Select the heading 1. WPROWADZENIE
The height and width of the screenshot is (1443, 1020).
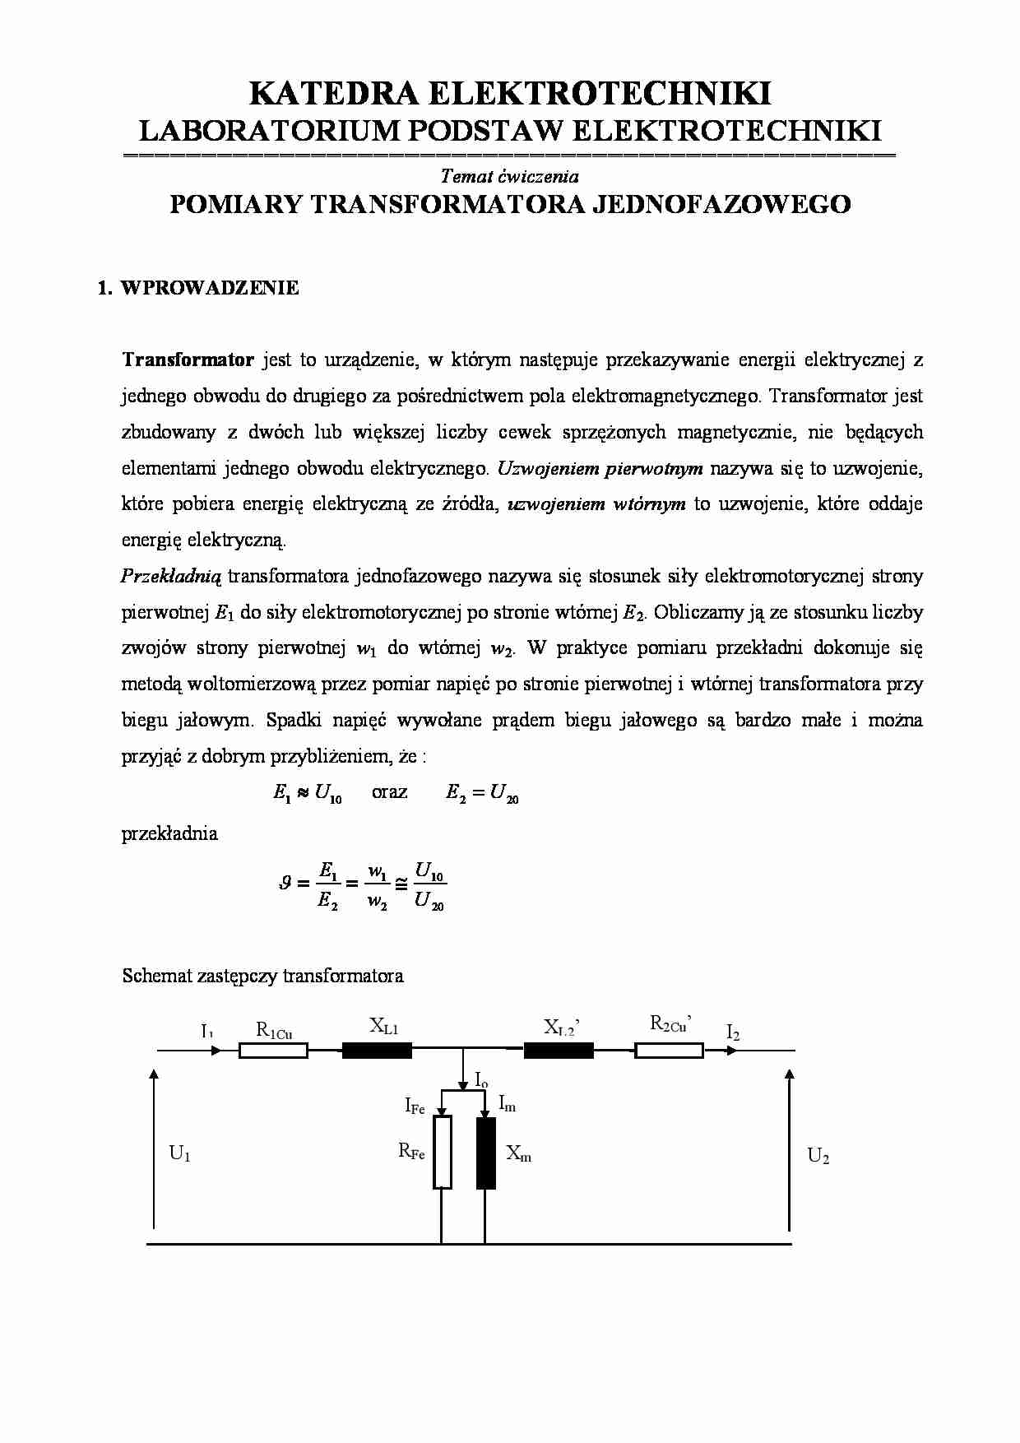pos(198,288)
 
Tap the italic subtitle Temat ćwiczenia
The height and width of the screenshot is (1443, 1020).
pos(509,176)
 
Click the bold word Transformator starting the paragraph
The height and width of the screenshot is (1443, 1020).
pos(188,360)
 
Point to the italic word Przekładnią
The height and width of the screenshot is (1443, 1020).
pos(171,576)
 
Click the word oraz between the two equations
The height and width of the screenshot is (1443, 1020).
pos(389,792)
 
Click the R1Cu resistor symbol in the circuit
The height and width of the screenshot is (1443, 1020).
pos(273,1051)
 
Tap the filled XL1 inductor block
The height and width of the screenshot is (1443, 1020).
pos(377,1051)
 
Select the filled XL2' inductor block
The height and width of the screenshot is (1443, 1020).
pos(559,1051)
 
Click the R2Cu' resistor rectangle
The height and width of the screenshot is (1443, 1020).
pos(669,1051)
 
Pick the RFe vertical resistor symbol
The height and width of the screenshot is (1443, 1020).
pos(443,1152)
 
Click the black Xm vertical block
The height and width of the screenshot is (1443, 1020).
pos(486,1152)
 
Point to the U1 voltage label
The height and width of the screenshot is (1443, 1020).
pos(180,1153)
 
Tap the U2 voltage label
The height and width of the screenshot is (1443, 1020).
pos(818,1156)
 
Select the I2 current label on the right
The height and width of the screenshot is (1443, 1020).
pos(733,1032)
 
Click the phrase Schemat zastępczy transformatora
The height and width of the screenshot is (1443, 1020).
pos(262,977)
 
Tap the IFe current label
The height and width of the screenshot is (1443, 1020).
pos(415,1107)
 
